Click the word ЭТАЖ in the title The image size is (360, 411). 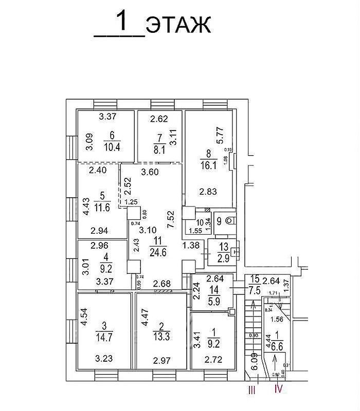[178, 24]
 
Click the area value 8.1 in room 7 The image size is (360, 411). [157, 150]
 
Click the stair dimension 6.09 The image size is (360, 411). [254, 361]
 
